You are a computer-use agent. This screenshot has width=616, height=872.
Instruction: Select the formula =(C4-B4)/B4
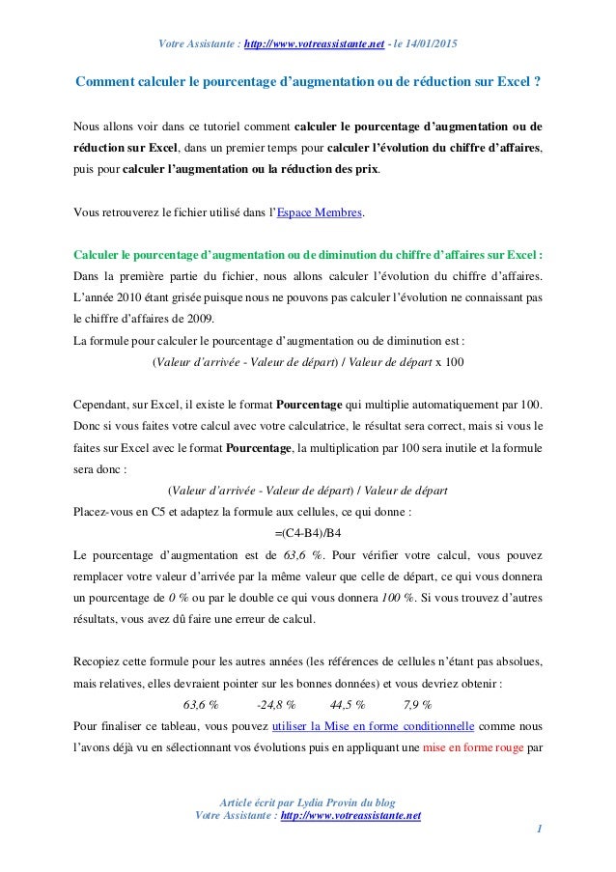point(308,533)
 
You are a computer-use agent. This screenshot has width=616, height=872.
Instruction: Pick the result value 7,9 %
point(417,703)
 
